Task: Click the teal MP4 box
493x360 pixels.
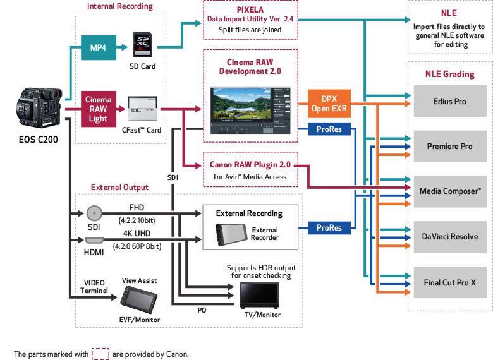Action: click(99, 47)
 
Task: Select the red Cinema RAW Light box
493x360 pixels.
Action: click(99, 109)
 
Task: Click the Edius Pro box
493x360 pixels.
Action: click(451, 102)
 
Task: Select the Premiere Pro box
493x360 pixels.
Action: click(451, 147)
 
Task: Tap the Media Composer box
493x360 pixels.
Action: click(451, 191)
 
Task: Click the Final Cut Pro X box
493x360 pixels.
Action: click(451, 282)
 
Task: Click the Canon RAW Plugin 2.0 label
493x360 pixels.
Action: click(250, 165)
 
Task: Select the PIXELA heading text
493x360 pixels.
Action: click(250, 11)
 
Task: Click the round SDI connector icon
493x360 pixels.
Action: click(95, 213)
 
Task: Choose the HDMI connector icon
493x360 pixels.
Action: click(95, 240)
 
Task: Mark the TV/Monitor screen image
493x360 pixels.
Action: click(262, 294)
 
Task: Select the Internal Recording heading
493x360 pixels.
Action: click(119, 6)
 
